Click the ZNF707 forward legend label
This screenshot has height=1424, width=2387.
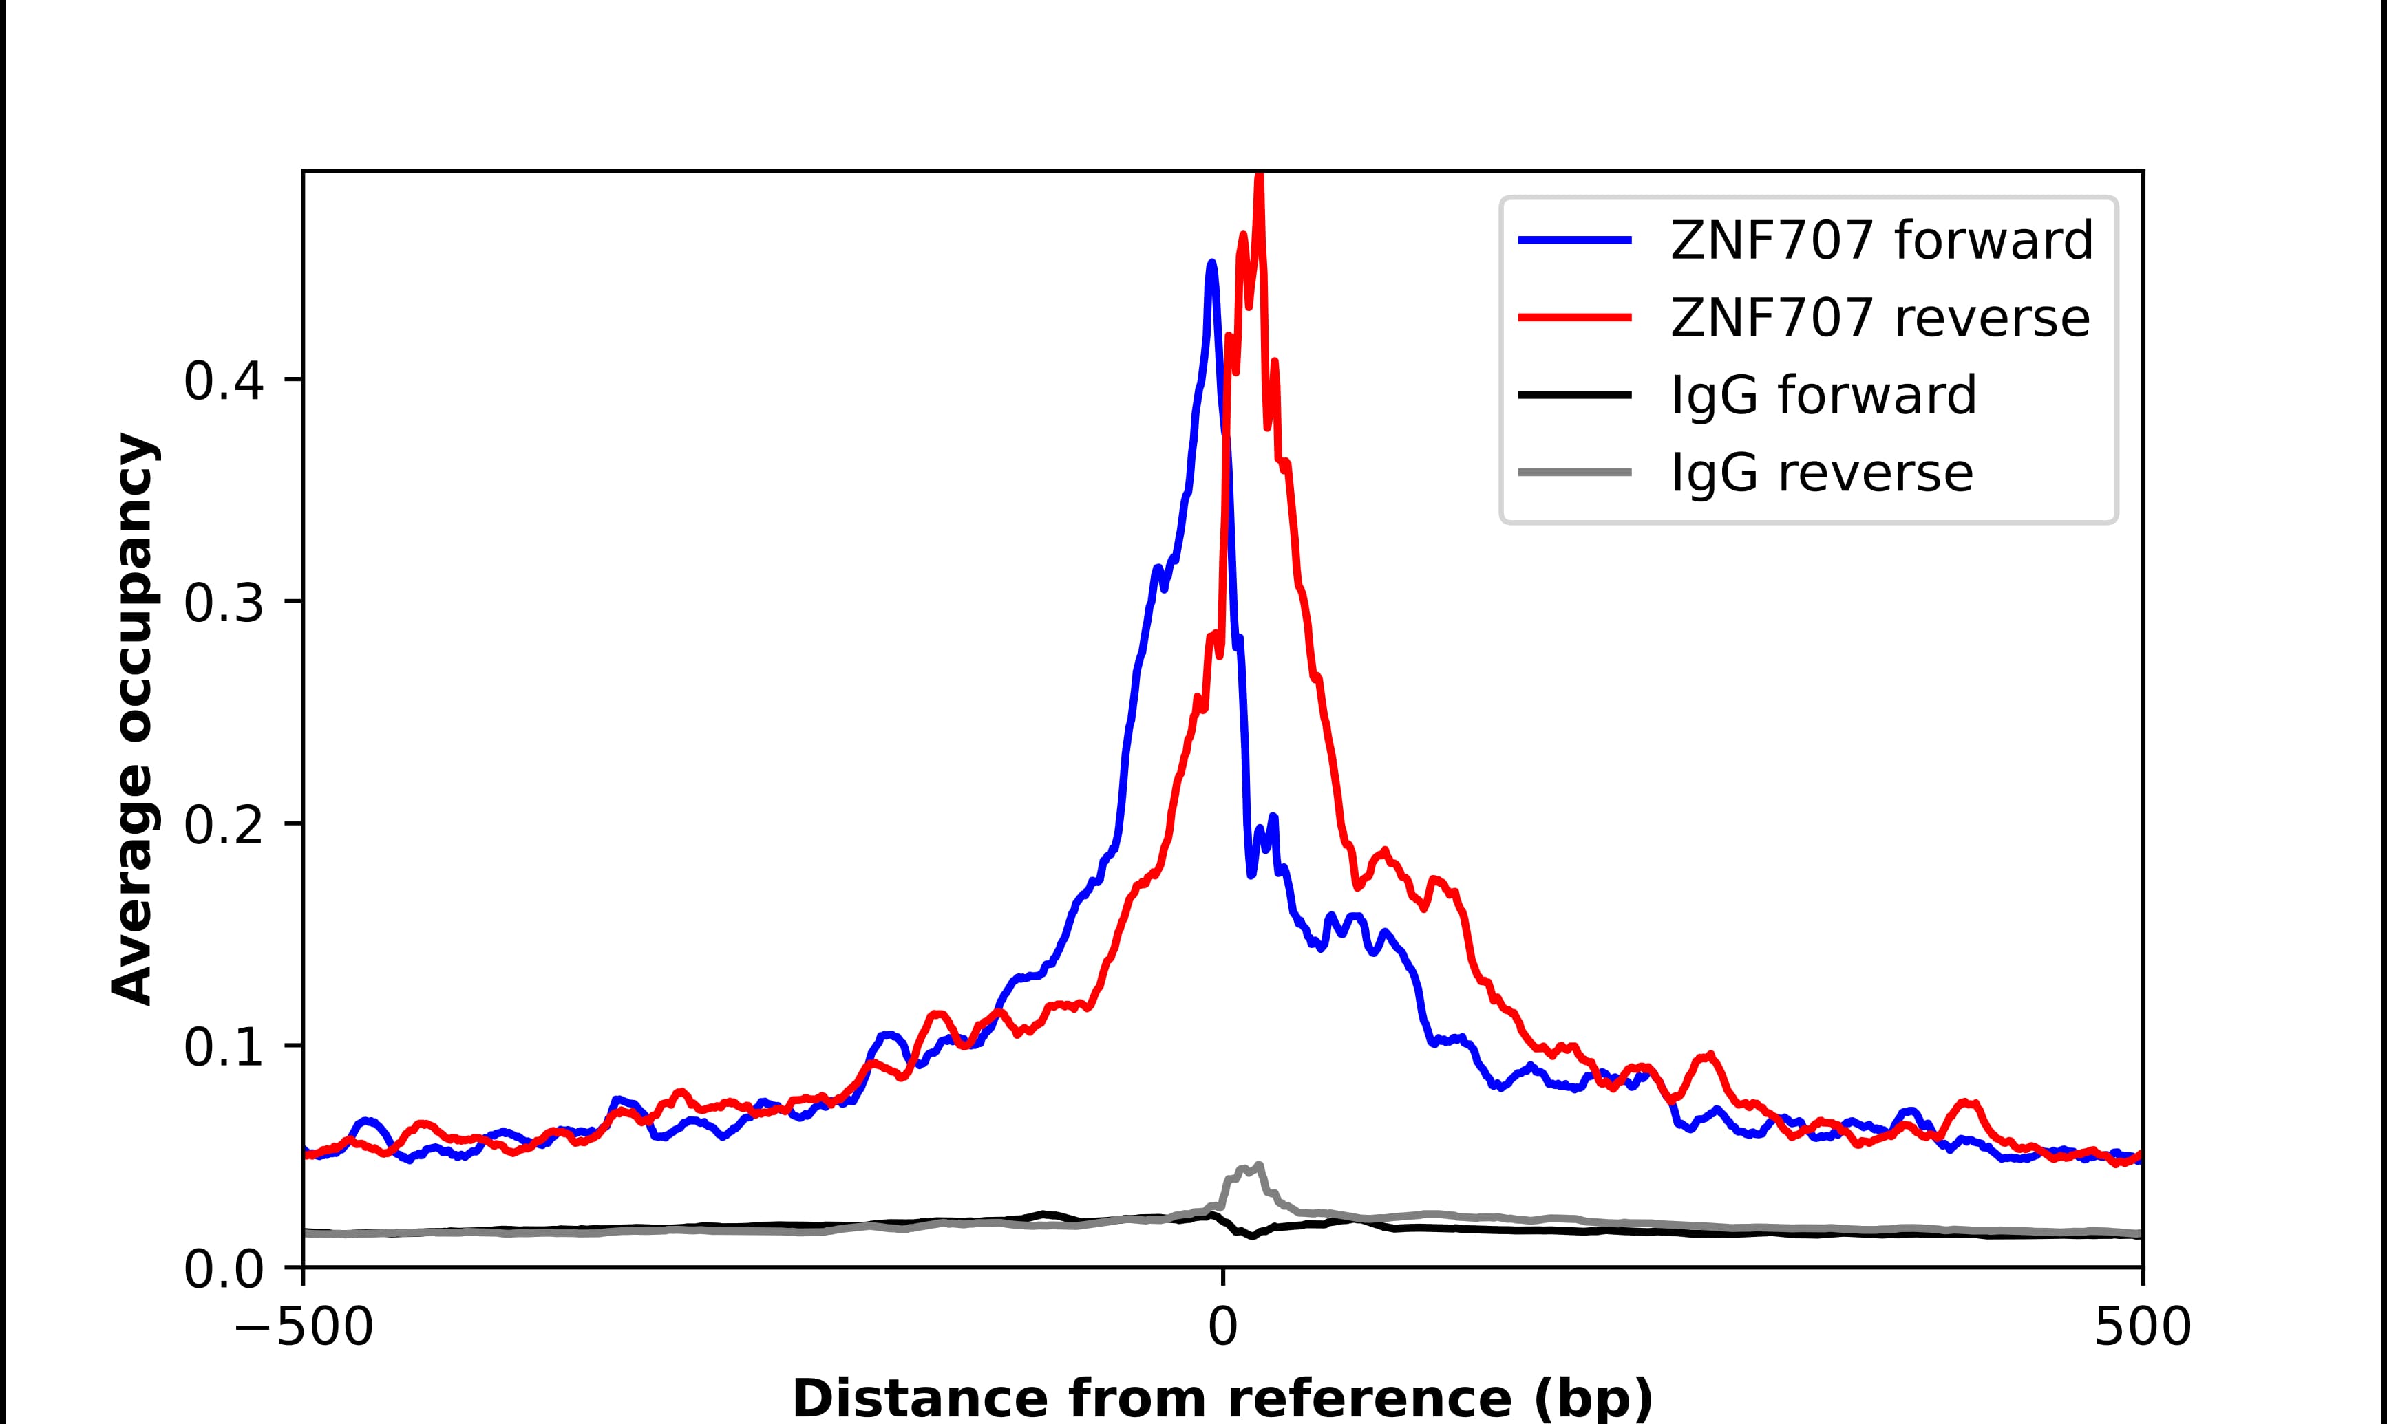[x=1881, y=240]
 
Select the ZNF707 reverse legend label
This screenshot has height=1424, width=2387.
[x=1879, y=318]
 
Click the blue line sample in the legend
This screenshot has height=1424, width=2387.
[x=1575, y=240]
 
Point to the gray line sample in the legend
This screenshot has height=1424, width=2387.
[x=1575, y=472]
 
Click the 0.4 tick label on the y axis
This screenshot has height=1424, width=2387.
[x=223, y=381]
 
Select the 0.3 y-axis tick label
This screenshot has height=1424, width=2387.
[x=223, y=603]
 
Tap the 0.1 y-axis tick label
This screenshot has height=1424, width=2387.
[x=223, y=1047]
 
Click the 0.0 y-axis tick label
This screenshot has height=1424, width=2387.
[x=223, y=1269]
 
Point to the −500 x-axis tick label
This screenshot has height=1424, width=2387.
[x=304, y=1329]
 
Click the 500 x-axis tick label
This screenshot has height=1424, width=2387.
[x=2142, y=1329]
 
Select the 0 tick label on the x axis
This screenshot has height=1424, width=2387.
[x=1223, y=1329]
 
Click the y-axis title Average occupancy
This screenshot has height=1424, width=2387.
[x=132, y=719]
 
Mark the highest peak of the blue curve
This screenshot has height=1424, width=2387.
[x=1212, y=263]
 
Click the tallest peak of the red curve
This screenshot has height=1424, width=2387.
[x=1260, y=178]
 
